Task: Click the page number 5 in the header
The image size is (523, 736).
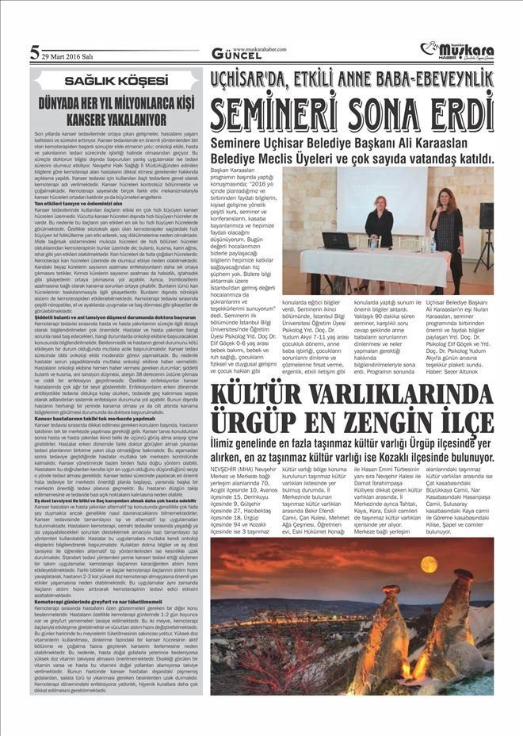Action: click(x=35, y=53)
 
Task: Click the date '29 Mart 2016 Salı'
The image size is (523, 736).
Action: click(x=68, y=56)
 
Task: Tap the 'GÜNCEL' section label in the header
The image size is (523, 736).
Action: click(x=232, y=55)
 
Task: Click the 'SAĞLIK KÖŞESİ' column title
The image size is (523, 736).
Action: click(x=116, y=81)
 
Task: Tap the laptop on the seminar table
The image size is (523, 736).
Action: click(x=336, y=240)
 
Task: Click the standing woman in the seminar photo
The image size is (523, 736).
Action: click(x=448, y=230)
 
